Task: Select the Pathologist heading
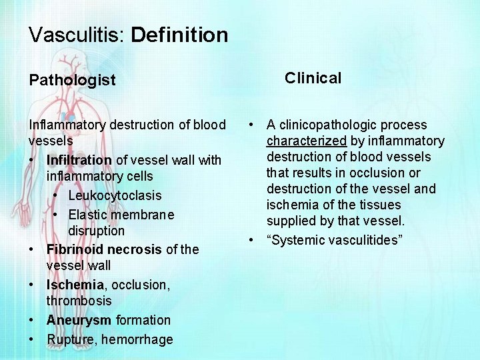(72, 80)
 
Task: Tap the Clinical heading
(313, 78)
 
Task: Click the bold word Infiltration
(79, 160)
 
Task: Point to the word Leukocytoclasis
(115, 196)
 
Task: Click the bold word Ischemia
(73, 285)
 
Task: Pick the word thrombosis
(79, 301)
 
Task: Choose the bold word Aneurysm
(79, 320)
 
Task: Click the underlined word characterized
(307, 141)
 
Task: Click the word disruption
(96, 231)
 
